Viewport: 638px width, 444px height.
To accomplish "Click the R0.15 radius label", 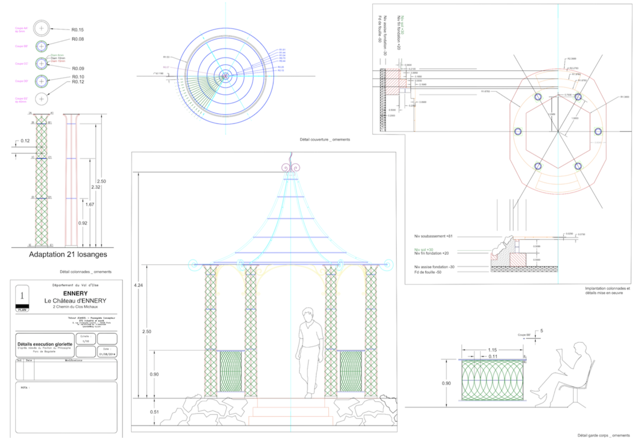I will point(77,30).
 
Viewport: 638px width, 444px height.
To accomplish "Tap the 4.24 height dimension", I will point(138,285).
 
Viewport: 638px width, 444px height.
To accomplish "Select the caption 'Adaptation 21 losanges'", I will point(68,254).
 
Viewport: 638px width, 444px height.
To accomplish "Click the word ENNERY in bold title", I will point(75,293).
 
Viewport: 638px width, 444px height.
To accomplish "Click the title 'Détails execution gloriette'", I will point(45,344).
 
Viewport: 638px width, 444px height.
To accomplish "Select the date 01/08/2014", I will point(107,354).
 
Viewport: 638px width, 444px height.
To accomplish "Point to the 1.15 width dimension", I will point(492,350).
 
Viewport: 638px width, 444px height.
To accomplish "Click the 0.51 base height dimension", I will point(154,412).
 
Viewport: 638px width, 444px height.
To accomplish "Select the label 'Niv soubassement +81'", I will point(433,236).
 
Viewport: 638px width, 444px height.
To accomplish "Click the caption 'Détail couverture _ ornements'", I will point(325,140).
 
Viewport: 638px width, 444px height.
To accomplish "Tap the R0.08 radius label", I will point(78,39).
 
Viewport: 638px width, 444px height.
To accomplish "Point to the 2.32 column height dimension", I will point(96,187).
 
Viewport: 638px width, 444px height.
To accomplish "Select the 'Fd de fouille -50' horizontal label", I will point(428,272).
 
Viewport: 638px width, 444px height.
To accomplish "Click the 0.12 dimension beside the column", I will point(25,141).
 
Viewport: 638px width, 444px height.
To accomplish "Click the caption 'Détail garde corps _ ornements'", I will point(604,435).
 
